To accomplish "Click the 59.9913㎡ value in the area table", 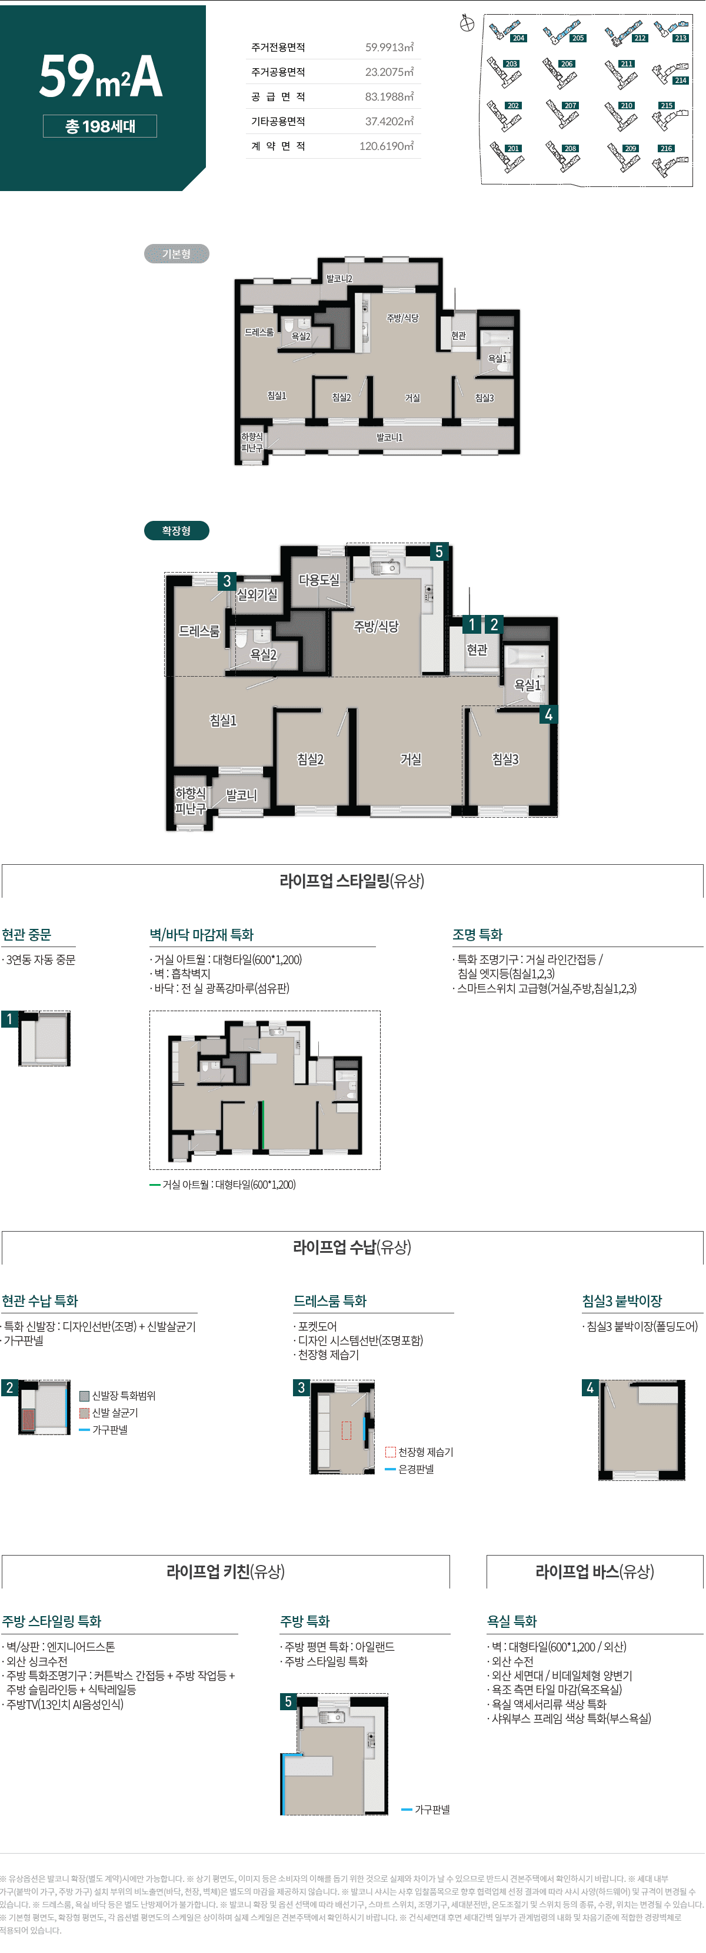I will tap(389, 48).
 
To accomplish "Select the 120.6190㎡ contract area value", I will tap(386, 146).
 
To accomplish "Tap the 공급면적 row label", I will tap(278, 97).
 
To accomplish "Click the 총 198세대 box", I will tap(100, 126).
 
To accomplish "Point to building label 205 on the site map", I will tap(578, 38).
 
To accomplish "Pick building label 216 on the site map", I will tap(666, 149).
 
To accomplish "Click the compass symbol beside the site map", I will tap(467, 24).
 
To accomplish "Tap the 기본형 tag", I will tap(176, 254).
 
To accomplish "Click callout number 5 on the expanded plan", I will tap(438, 552).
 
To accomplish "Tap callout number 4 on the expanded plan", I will tap(548, 714).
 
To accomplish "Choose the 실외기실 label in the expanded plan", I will tap(257, 595).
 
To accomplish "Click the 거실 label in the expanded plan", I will tap(411, 759).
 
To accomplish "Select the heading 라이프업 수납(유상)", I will tap(352, 1247).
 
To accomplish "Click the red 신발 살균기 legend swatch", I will tap(84, 1413).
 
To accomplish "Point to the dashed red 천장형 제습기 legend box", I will tap(390, 1452).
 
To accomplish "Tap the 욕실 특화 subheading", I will tap(512, 1621).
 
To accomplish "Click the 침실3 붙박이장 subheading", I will tap(622, 1301).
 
